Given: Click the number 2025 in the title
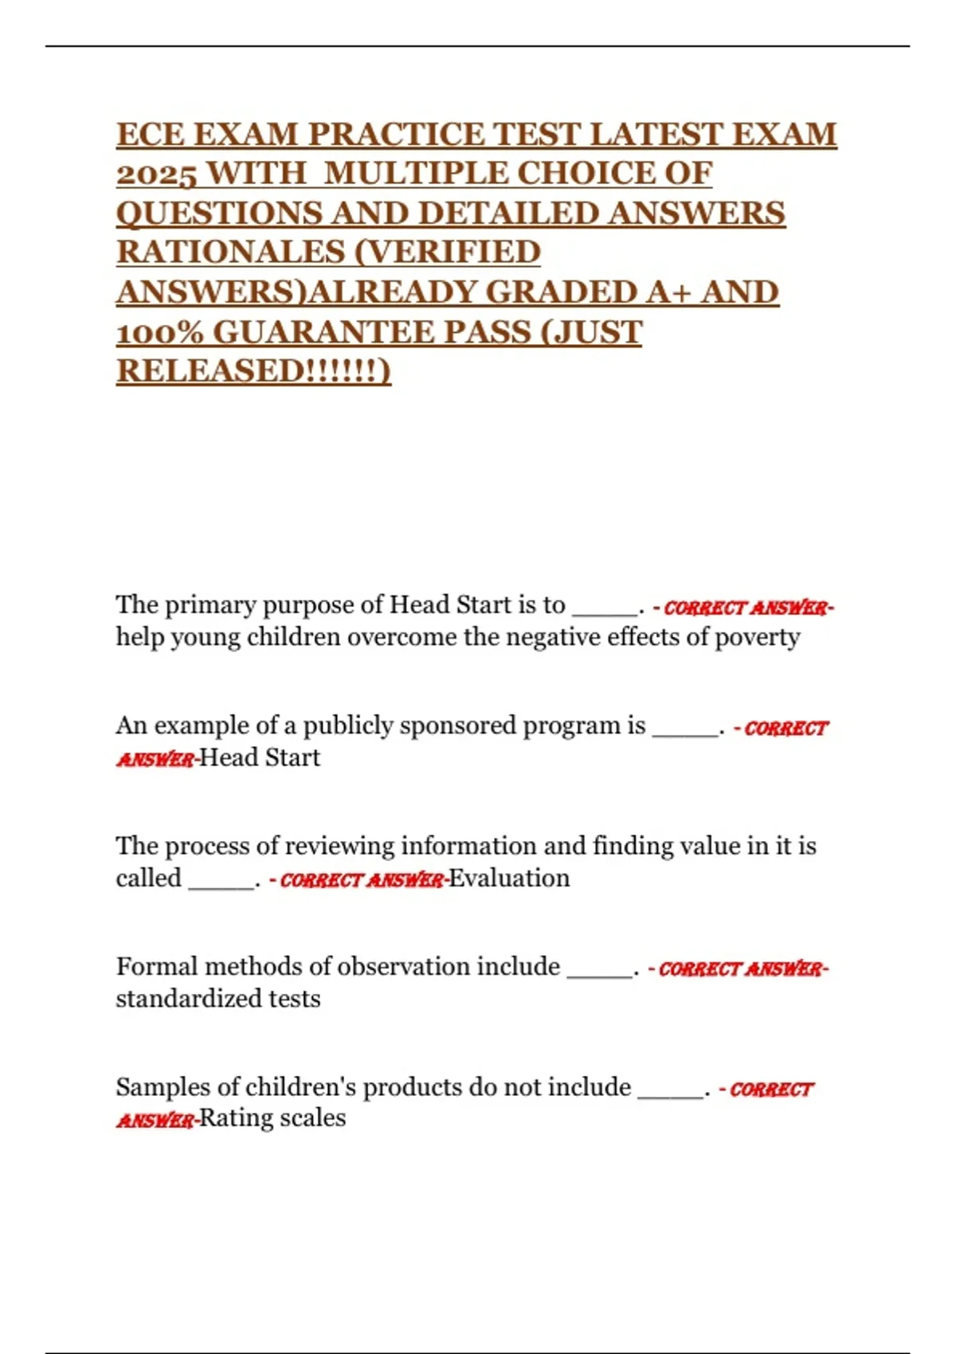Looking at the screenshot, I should click(x=156, y=174).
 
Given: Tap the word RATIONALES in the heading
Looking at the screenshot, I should click(x=229, y=252).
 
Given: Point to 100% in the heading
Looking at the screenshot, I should click(x=159, y=332).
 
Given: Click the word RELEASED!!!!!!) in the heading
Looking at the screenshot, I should click(x=254, y=371).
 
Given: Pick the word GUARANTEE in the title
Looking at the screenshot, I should click(x=317, y=332).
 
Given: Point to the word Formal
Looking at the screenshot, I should click(x=156, y=967).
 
